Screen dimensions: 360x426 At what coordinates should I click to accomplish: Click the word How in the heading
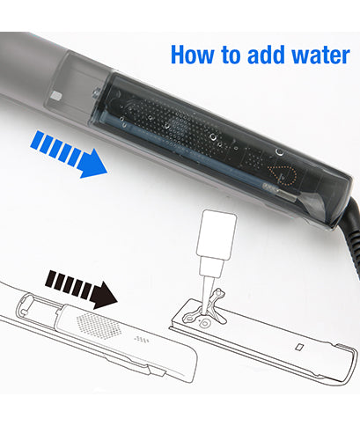tap(193, 55)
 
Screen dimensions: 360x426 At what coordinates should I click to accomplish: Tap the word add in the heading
tap(266, 55)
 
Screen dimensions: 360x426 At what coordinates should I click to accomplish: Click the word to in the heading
tap(231, 55)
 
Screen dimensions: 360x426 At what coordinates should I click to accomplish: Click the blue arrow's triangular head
tap(92, 164)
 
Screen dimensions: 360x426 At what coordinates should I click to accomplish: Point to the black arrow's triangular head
tap(104, 295)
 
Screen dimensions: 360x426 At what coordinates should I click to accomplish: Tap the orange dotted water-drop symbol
tap(282, 175)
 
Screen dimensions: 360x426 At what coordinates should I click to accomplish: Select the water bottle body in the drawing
tap(217, 234)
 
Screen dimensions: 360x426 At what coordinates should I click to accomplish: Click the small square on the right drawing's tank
tap(299, 348)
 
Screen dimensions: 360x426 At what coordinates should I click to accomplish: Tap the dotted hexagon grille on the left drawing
tap(98, 326)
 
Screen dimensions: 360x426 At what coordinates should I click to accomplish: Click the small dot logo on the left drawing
tap(142, 340)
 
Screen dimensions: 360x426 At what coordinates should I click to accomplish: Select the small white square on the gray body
tap(55, 95)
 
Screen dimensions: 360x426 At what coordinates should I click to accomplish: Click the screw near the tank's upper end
tap(96, 93)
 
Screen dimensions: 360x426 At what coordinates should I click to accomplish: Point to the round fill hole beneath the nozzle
tap(205, 324)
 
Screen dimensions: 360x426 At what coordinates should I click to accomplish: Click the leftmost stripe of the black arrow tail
tap(51, 279)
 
